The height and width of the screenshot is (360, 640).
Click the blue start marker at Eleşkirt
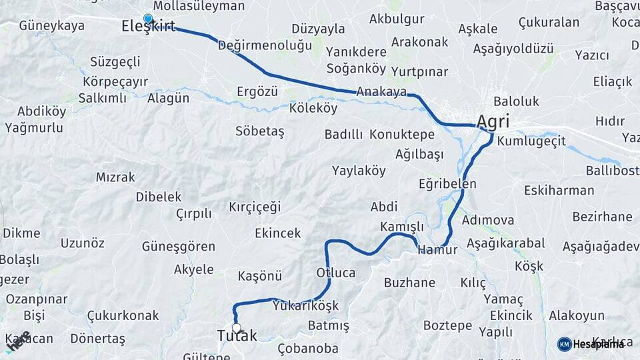tap(148, 19)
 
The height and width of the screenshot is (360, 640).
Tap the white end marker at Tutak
tap(236, 327)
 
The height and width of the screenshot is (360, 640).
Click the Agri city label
tap(493, 122)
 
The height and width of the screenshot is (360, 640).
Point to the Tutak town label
tap(237, 337)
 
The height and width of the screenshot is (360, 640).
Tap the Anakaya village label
tap(381, 91)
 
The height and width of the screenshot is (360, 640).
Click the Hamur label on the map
tap(437, 250)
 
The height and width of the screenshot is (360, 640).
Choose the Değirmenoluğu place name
tap(265, 45)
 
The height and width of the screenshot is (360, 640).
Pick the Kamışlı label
tap(401, 227)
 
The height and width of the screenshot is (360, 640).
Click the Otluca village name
tap(335, 273)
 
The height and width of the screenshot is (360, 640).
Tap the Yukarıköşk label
tap(305, 306)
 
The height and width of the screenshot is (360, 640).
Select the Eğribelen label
tap(447, 183)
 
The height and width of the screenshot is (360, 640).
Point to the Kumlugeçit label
tap(531, 141)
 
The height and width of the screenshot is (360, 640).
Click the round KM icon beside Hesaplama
tap(564, 344)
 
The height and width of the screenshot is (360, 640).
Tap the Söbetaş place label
tap(259, 131)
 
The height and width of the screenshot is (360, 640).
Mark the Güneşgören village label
tap(178, 246)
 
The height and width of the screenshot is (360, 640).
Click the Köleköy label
tap(313, 107)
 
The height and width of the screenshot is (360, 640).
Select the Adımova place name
tap(487, 219)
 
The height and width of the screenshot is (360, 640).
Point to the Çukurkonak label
tap(123, 315)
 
